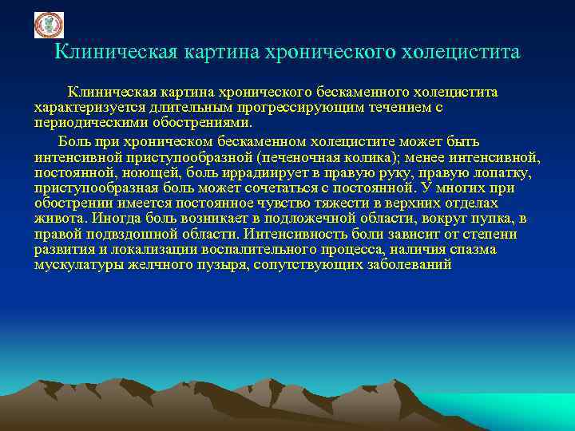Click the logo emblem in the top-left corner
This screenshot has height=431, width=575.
coord(48,25)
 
